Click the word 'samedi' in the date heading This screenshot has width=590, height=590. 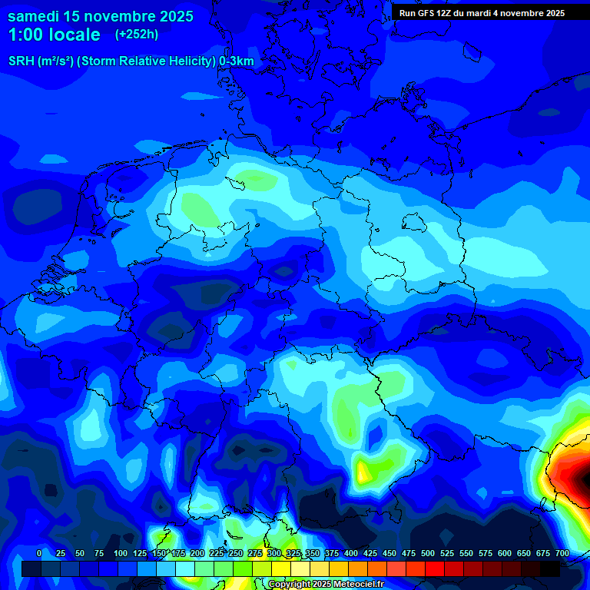point(33,16)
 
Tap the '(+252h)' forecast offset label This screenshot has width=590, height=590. point(137,35)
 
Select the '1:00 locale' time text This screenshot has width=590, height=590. point(54,35)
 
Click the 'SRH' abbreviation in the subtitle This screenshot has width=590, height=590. point(21,61)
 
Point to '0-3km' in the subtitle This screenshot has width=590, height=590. point(237,61)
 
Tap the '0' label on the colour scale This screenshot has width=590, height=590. point(39,553)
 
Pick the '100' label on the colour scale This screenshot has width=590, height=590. point(121,553)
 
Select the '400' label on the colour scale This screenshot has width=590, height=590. point(351,553)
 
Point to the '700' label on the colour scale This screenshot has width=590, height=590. point(562,553)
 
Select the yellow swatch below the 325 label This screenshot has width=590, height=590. point(300,568)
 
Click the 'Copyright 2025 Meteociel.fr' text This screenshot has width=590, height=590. point(326,585)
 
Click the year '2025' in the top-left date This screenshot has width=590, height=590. point(173,16)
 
